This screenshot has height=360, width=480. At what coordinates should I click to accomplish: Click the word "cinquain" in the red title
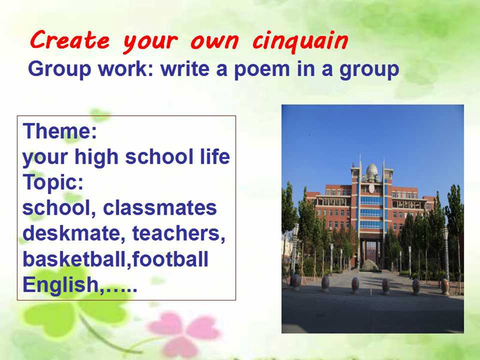(301, 41)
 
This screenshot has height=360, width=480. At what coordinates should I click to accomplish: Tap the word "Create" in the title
(70, 40)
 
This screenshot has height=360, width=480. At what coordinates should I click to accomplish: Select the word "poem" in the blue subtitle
(262, 69)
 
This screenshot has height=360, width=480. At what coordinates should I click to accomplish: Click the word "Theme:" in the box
(59, 131)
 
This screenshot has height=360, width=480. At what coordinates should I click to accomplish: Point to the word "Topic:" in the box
(53, 182)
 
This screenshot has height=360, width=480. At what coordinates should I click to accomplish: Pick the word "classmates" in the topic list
(160, 208)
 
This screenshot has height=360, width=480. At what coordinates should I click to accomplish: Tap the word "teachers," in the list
(179, 233)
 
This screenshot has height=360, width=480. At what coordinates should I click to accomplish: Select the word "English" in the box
(61, 285)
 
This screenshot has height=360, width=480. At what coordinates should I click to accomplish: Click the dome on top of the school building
(372, 171)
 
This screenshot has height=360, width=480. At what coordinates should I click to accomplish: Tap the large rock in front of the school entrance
(370, 265)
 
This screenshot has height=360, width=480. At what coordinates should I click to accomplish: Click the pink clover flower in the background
(184, 333)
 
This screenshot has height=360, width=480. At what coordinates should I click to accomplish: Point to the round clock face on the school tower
(371, 188)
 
